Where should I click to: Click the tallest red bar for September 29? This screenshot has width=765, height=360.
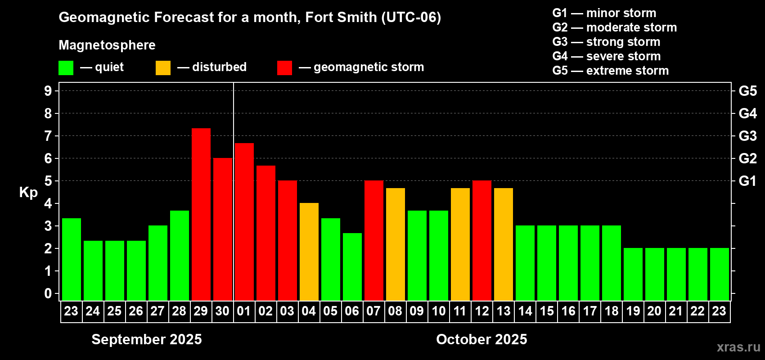[201, 214]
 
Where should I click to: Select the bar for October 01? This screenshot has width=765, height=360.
[244, 221]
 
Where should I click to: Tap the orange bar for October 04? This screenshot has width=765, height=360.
[309, 252]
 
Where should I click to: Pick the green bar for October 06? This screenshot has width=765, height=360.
[352, 266]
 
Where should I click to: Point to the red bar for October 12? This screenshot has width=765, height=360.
[482, 240]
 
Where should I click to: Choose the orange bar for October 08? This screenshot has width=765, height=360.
[396, 244]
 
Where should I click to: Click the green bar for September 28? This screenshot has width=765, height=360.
[180, 255]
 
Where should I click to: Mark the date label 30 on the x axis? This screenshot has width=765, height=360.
[222, 311]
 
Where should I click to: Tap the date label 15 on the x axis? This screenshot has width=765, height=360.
[547, 311]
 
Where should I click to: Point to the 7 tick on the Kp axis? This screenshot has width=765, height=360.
[48, 136]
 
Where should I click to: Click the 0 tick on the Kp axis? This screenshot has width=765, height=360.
[48, 294]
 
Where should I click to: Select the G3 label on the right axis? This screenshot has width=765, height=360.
[747, 136]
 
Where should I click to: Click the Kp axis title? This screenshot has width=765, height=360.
[28, 193]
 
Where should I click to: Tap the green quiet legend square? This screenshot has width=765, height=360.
[66, 68]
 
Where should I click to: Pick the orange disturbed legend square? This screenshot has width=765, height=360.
[163, 68]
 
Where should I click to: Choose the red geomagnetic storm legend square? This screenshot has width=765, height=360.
[284, 68]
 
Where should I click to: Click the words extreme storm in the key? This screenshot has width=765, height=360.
[627, 71]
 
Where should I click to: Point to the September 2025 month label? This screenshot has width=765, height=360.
[147, 339]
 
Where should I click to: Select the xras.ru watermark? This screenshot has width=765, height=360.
[738, 347]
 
